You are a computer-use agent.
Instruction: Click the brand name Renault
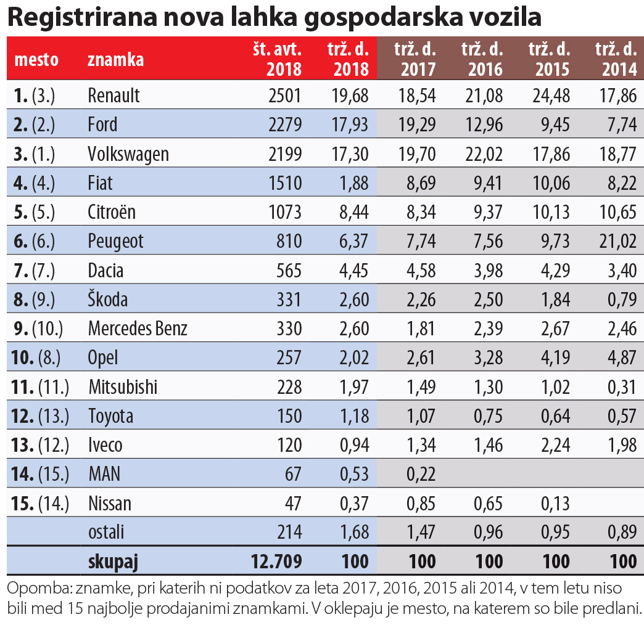(114, 96)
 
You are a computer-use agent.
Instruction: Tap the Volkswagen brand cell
(128, 154)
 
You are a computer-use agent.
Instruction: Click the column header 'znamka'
(116, 60)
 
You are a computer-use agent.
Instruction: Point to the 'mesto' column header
(36, 60)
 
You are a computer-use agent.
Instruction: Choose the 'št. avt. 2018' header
(278, 59)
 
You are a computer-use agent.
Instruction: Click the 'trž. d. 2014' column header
(615, 59)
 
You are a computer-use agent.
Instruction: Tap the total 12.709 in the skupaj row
(276, 562)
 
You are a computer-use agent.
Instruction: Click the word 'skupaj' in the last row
(113, 562)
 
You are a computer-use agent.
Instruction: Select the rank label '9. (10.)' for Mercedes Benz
(38, 329)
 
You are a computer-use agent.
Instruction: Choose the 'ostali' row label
(107, 533)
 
